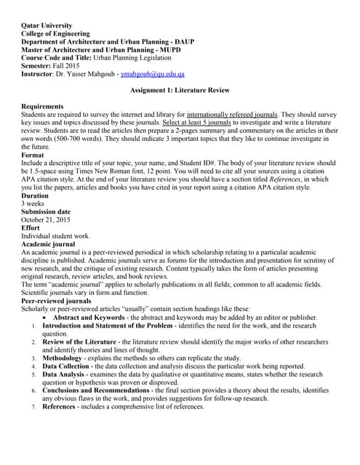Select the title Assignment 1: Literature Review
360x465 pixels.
[x=180, y=90]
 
